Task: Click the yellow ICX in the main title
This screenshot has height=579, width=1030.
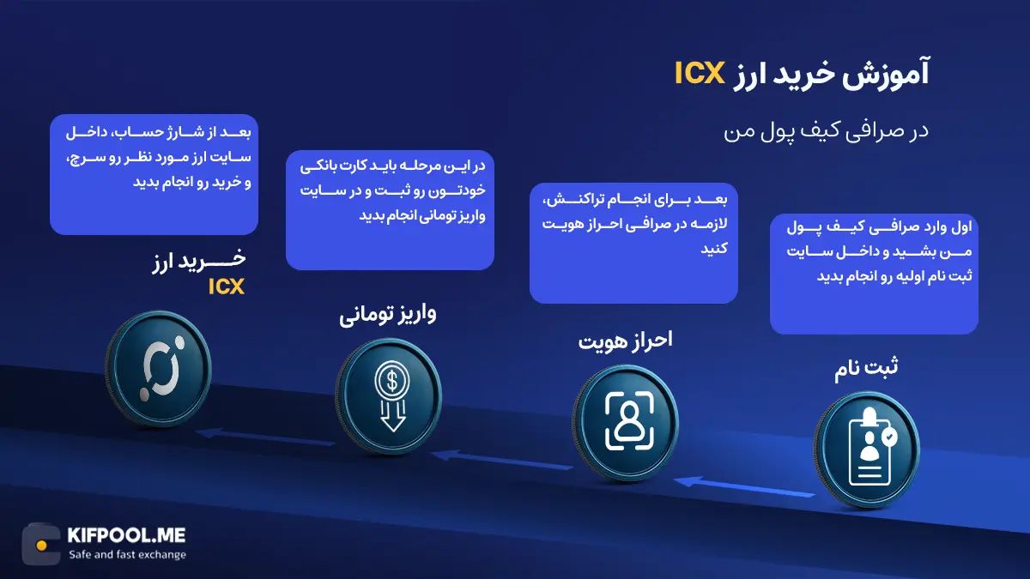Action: (x=701, y=75)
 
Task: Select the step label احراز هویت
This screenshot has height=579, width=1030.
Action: (x=624, y=340)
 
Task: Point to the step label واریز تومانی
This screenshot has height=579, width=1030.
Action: (x=389, y=314)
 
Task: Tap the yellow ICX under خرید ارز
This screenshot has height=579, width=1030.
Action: (x=227, y=287)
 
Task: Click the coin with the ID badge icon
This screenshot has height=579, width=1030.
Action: (x=866, y=446)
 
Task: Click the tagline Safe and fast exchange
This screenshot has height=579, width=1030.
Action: (x=127, y=554)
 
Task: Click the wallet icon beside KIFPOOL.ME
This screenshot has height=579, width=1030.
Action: (x=40, y=544)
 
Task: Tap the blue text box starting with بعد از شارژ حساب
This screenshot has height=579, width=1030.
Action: (x=154, y=174)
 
